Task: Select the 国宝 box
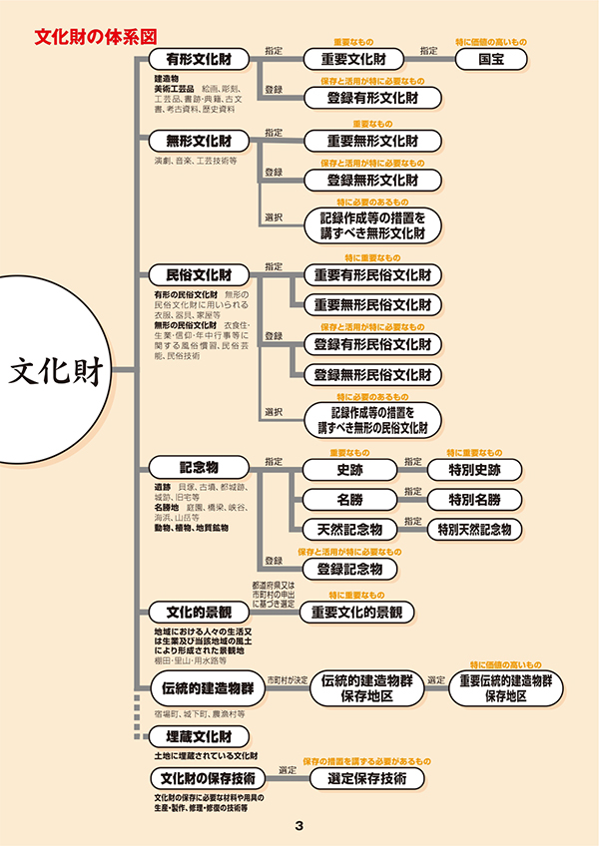coord(490,59)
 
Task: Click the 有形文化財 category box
coord(199,59)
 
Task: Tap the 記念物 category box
coord(199,467)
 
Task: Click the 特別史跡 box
coord(474,468)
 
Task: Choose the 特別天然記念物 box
coord(474,529)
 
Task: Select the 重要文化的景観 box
coord(356,612)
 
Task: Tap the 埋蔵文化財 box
coord(199,737)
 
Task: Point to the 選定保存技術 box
coord(366,778)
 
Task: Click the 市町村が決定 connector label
coord(287,679)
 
